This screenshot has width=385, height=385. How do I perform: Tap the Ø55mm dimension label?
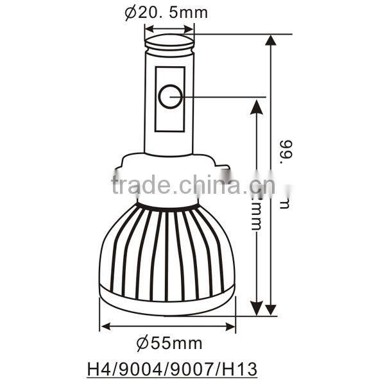click(167, 342)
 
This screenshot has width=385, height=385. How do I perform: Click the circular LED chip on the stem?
click(169, 97)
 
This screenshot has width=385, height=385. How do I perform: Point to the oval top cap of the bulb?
click(169, 42)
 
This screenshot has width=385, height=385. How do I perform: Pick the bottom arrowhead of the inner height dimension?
click(257, 307)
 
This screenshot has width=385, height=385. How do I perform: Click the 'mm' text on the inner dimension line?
click(257, 223)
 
